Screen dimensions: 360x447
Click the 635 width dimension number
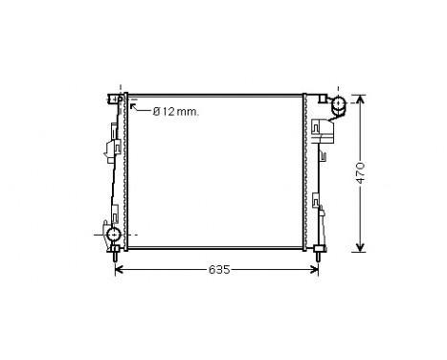click(x=218, y=271)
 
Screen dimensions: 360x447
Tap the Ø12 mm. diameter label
click(x=176, y=112)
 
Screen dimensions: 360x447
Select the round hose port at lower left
click(x=114, y=235)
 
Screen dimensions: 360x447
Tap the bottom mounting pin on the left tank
click(x=116, y=255)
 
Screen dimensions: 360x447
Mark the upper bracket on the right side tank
click(x=322, y=129)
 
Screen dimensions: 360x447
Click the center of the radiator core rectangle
click(x=215, y=172)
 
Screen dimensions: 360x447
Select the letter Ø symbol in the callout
click(x=157, y=112)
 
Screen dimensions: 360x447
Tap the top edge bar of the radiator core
click(x=215, y=96)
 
